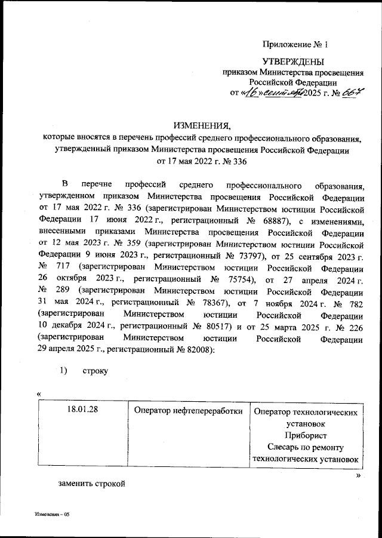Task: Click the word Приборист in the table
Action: coord(306,435)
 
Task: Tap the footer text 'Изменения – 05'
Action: coord(53,514)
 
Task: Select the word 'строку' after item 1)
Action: coord(95,371)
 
